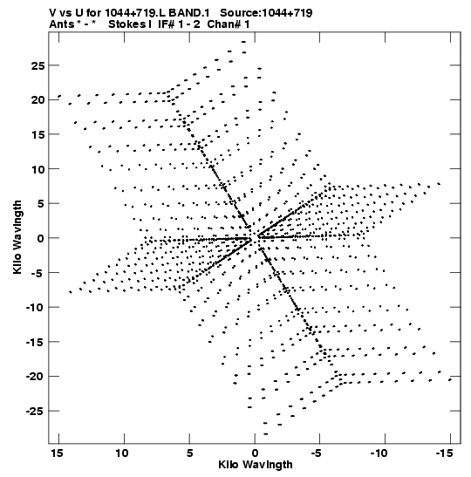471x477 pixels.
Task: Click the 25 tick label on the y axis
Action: [38, 65]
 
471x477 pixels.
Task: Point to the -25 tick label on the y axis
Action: [35, 412]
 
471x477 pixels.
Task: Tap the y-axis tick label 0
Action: [41, 239]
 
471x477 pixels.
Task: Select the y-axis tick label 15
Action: [38, 135]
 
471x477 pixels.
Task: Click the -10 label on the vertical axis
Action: [35, 308]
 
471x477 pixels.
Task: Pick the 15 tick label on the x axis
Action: [58, 453]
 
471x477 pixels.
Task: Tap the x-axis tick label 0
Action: [255, 453]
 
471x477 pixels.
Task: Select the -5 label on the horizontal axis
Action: [317, 453]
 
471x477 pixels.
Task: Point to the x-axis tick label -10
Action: [379, 453]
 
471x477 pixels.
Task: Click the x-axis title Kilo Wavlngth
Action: [256, 465]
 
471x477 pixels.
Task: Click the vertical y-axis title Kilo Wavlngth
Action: [17, 237]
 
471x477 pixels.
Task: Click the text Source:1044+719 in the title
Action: [266, 13]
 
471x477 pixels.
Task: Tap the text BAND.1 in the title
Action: [189, 13]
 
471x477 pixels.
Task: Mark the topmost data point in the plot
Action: [243, 42]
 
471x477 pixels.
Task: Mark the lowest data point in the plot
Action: [266, 433]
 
